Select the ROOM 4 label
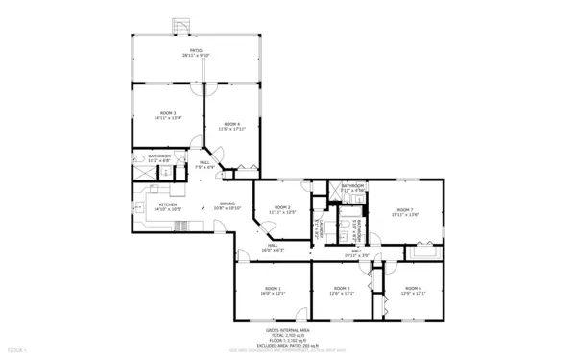point(231,123)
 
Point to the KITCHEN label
point(167,204)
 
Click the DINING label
point(228,203)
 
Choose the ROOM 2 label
point(282,207)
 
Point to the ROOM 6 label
point(413,288)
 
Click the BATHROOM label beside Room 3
point(159,156)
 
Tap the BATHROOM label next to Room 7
point(353,185)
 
